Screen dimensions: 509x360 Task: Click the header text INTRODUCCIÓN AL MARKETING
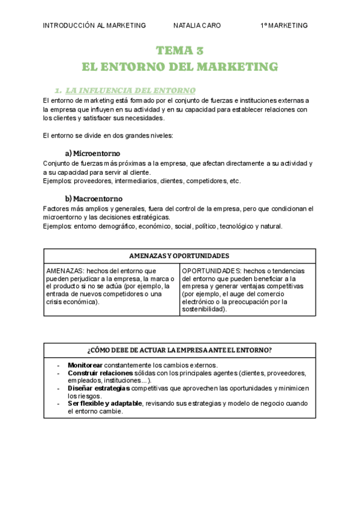pyautogui.click(x=94, y=26)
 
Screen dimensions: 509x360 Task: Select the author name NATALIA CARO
pyautogui.click(x=197, y=26)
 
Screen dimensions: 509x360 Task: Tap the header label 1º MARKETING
pyautogui.click(x=284, y=26)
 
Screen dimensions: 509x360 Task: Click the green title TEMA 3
pyautogui.click(x=179, y=50)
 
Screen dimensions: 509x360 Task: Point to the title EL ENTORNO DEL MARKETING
pyautogui.click(x=179, y=66)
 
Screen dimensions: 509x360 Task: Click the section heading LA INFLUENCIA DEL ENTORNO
pyautogui.click(x=130, y=91)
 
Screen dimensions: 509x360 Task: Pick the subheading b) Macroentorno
pyautogui.click(x=94, y=198)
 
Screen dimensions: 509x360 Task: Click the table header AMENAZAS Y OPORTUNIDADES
pyautogui.click(x=179, y=256)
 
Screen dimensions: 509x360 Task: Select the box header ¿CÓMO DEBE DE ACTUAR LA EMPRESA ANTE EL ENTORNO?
pyautogui.click(x=179, y=350)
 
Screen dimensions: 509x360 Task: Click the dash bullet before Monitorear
pyautogui.click(x=58, y=365)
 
